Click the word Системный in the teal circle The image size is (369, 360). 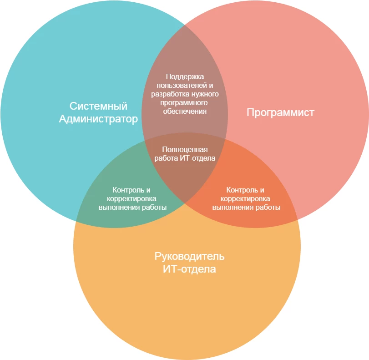[98, 106]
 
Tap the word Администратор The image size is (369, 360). [98, 120]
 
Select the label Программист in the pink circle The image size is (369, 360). [280, 112]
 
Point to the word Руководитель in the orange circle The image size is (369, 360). [189, 256]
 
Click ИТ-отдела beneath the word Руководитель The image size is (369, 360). [189, 269]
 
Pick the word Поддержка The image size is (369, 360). [185, 76]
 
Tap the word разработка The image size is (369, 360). [169, 94]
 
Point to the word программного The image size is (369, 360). [185, 102]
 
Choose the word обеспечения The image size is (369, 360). [185, 111]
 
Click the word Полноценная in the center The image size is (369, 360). [185, 149]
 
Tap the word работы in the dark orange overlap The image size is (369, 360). [268, 207]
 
